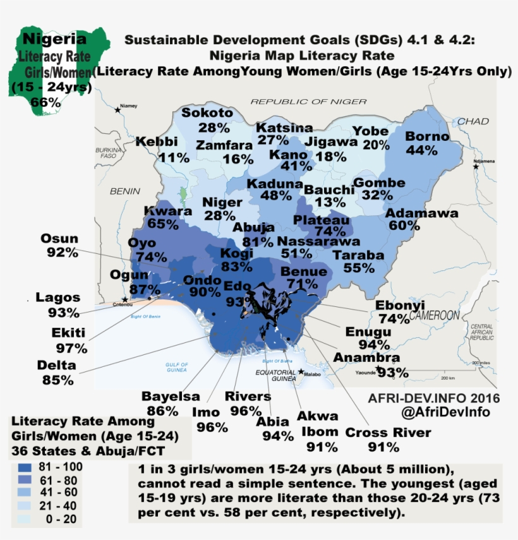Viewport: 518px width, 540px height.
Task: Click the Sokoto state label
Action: (207, 113)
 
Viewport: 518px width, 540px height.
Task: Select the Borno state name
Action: (427, 136)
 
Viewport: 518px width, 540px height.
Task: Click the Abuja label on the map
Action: (253, 227)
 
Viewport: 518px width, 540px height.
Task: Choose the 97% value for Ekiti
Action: (71, 348)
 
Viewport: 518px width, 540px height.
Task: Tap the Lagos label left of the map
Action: (57, 297)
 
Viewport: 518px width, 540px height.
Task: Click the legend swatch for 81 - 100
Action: (26, 468)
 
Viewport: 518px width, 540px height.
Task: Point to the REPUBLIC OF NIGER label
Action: (308, 101)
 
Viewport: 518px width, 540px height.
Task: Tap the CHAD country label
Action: (473, 121)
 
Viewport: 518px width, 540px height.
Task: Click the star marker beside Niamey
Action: (117, 110)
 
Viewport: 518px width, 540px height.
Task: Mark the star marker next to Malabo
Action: (301, 371)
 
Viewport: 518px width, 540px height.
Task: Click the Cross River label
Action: (388, 433)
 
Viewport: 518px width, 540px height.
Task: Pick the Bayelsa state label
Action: (170, 397)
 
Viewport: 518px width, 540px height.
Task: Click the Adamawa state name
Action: (421, 213)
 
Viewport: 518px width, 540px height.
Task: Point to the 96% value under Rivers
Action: (246, 411)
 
